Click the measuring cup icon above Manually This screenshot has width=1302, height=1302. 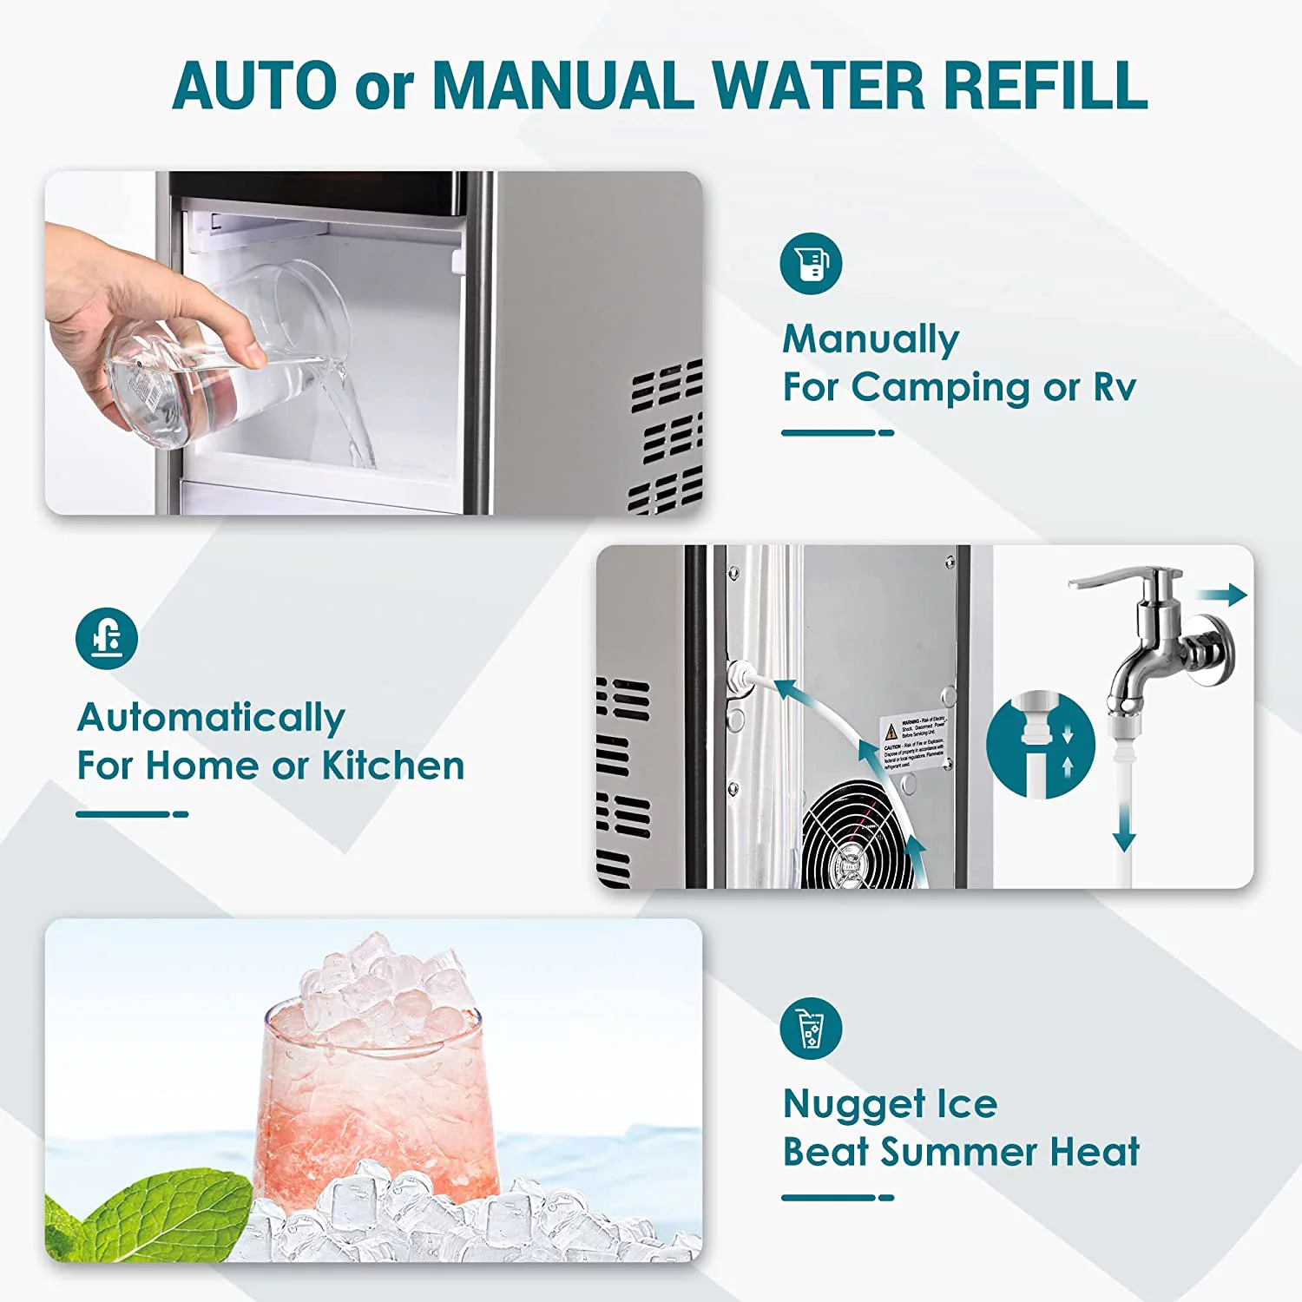click(811, 263)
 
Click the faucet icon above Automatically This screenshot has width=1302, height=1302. click(107, 638)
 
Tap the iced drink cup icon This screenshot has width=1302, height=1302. click(811, 1028)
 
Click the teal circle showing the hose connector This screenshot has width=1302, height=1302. click(1040, 745)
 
